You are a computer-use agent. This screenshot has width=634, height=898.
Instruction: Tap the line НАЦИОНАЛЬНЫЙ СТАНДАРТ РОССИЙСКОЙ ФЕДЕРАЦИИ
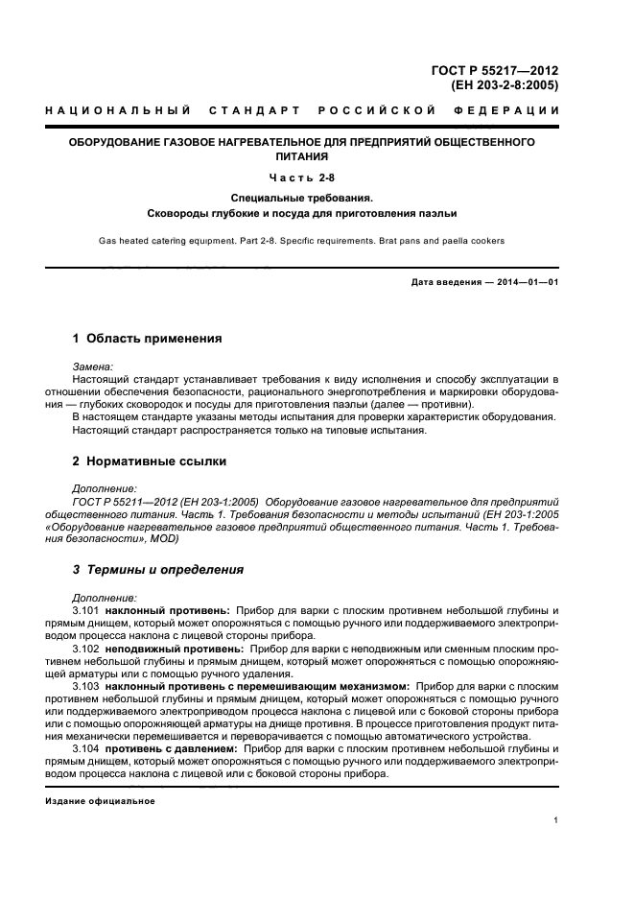[x=302, y=110]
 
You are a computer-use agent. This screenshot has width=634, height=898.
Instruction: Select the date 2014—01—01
[x=527, y=281]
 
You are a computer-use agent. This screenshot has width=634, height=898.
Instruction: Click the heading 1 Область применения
[x=148, y=339]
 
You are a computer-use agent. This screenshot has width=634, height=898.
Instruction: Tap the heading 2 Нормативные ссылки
[x=150, y=461]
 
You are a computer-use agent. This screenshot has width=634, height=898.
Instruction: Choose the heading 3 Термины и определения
[x=158, y=570]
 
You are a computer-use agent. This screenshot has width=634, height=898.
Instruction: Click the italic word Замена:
[x=92, y=366]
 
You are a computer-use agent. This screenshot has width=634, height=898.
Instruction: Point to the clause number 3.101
[x=86, y=610]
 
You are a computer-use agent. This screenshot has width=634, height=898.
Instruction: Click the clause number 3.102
[x=86, y=650]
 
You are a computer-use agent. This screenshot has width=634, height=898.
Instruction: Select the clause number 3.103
[x=86, y=687]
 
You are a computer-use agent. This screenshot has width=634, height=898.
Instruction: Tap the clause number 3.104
[x=86, y=747]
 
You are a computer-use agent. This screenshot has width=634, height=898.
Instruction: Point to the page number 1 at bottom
[x=556, y=820]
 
